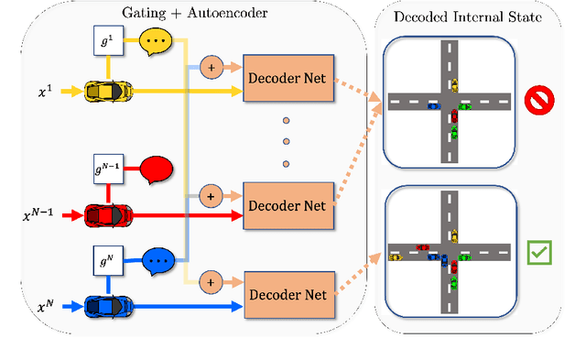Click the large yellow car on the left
[108, 91]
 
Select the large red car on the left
[108, 215]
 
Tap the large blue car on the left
[108, 304]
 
